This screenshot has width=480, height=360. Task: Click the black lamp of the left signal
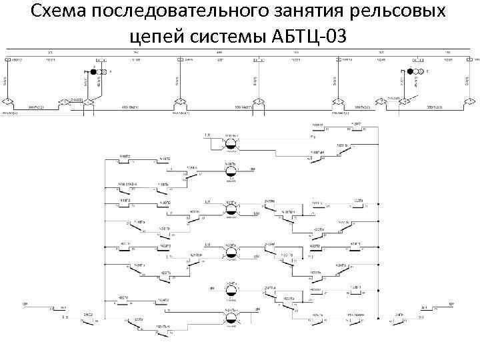(94, 71)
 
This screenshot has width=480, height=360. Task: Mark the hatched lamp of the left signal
(102, 71)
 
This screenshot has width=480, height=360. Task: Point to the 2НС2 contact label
(87, 313)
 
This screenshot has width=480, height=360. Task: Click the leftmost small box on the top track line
(9, 59)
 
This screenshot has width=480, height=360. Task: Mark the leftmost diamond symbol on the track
(7, 101)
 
